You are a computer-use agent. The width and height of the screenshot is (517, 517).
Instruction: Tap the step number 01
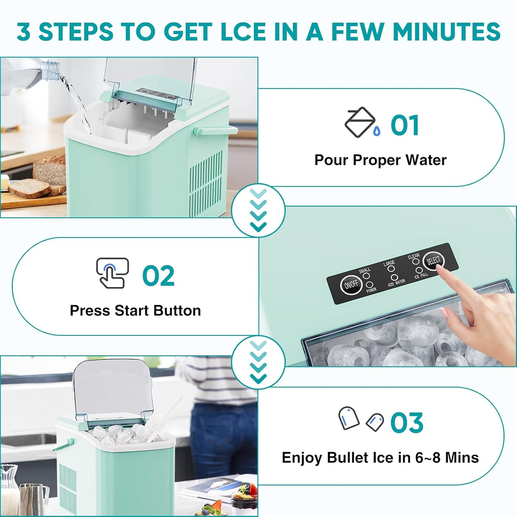405,126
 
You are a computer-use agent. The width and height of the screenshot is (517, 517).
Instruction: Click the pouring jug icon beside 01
361,123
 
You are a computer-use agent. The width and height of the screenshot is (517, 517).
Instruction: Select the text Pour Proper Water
380,160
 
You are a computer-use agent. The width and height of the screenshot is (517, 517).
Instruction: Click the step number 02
158,276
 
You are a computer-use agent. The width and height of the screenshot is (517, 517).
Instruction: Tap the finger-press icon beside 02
112,273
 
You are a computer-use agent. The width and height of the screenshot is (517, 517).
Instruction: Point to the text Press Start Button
135,310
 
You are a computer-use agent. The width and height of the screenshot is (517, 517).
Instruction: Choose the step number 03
407,422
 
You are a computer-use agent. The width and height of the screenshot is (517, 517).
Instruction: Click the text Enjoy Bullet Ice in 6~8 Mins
380,457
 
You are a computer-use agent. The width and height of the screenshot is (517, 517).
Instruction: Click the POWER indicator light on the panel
370,284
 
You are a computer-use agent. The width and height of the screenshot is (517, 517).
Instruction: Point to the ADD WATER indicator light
394,277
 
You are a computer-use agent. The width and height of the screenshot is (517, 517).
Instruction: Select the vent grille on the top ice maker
205,183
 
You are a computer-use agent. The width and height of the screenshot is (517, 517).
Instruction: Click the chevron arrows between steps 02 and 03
258,361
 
